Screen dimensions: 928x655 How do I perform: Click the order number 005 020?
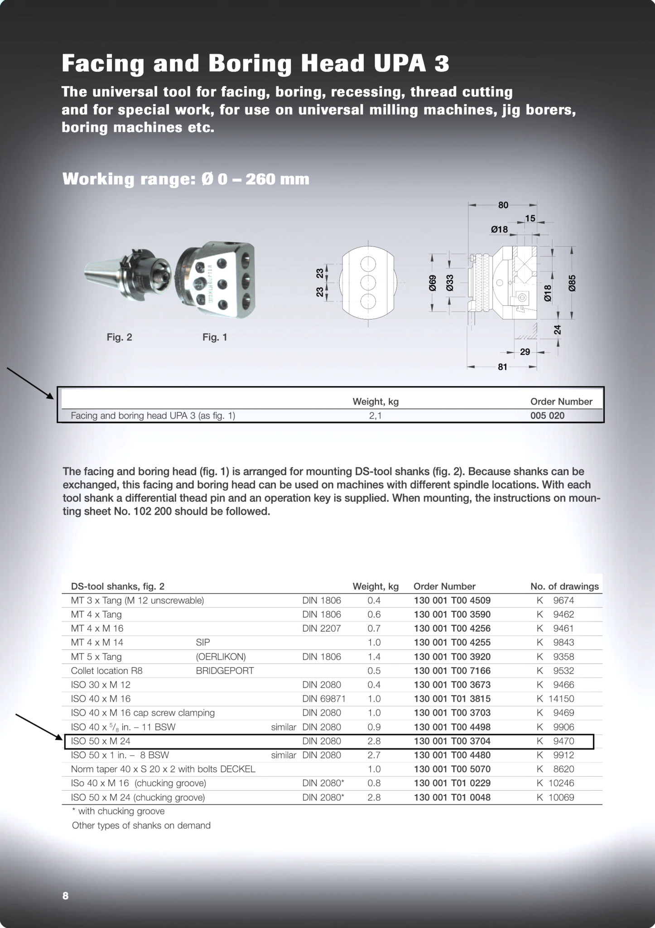(x=547, y=416)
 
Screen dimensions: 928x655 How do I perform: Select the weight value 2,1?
(x=375, y=416)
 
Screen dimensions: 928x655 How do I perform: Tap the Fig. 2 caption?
(x=119, y=337)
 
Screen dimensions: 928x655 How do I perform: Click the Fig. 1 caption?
(x=215, y=337)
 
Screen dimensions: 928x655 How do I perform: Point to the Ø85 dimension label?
(x=572, y=283)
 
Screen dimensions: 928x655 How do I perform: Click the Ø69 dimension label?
(x=432, y=283)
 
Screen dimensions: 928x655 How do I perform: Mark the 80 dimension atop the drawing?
(x=503, y=205)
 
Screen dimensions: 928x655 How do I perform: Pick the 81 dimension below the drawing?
(x=502, y=367)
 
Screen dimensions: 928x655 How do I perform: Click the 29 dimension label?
(x=525, y=352)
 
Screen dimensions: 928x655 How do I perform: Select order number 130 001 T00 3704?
(x=452, y=741)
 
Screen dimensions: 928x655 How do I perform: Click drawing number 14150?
(x=561, y=699)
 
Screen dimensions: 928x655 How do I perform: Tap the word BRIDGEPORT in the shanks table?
(x=225, y=671)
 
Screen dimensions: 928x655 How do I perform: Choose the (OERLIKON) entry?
(x=221, y=657)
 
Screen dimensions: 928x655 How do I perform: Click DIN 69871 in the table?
(x=324, y=699)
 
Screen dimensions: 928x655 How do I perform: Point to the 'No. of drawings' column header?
(x=564, y=586)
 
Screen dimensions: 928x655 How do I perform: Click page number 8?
(x=66, y=895)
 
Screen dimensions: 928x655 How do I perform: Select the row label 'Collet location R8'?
(x=107, y=671)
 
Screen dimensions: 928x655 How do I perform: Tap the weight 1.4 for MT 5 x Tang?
(x=374, y=657)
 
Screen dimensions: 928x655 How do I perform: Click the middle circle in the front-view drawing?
(x=368, y=283)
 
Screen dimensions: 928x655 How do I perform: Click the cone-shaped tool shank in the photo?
(x=102, y=275)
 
